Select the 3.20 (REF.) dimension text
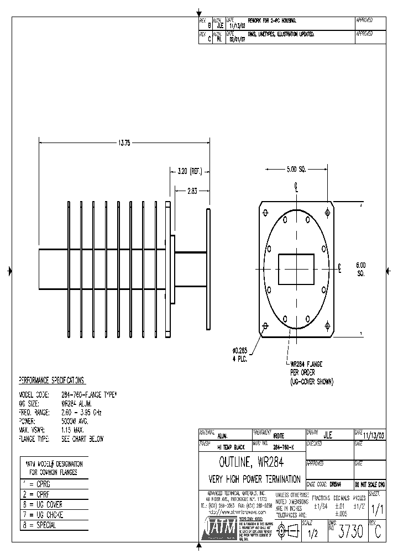pyautogui.click(x=189, y=172)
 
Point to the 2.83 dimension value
pyautogui.click(x=191, y=191)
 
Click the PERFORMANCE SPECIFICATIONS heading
pyautogui.click(x=52, y=381)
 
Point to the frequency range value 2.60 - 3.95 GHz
pyautogui.click(x=81, y=413)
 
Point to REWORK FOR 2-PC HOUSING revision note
pyautogui.click(x=272, y=20)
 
